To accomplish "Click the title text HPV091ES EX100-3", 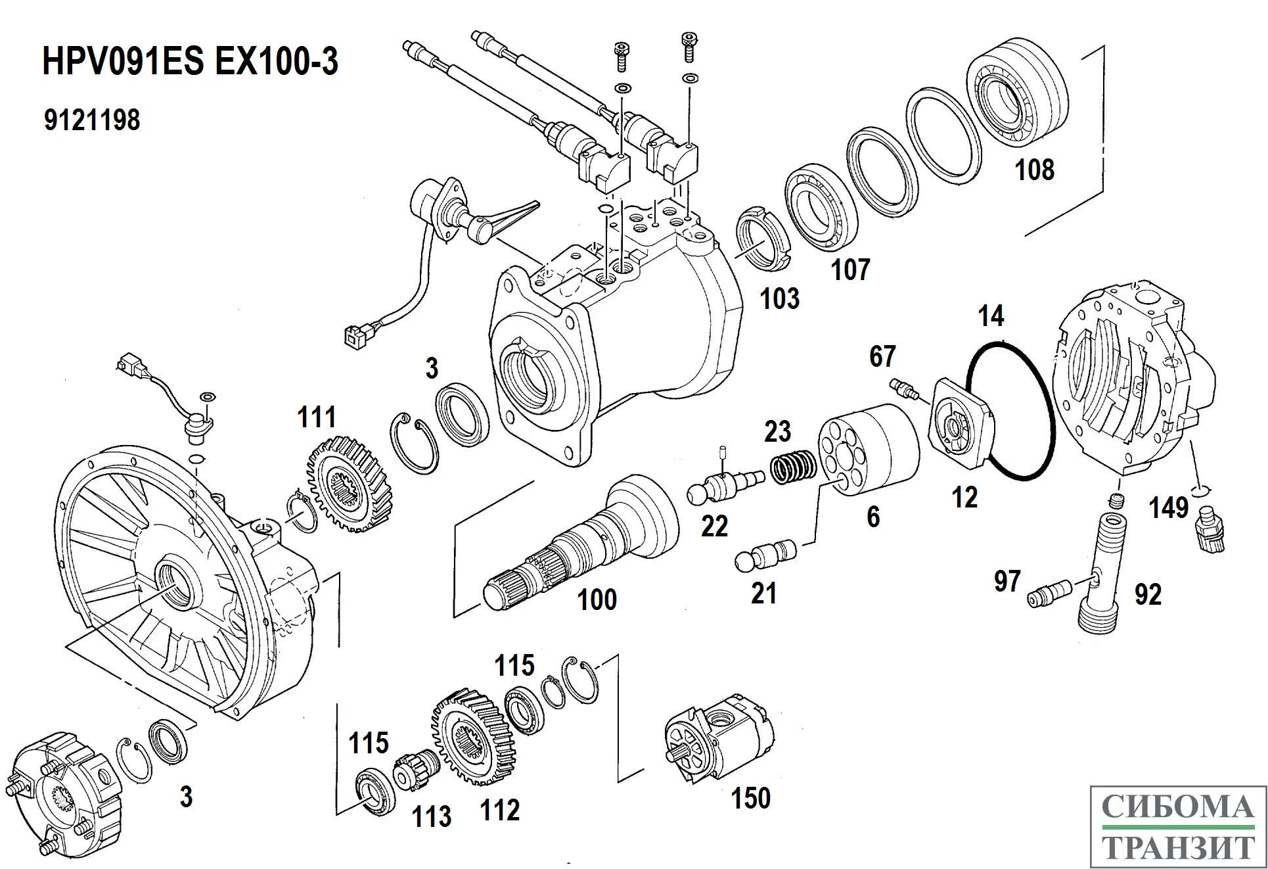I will (x=190, y=62).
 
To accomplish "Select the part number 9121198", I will (x=92, y=120).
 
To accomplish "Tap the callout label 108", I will (x=1034, y=170).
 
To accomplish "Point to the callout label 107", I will (x=850, y=270).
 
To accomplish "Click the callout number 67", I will (x=882, y=357).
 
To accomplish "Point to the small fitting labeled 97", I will (x=1049, y=592).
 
